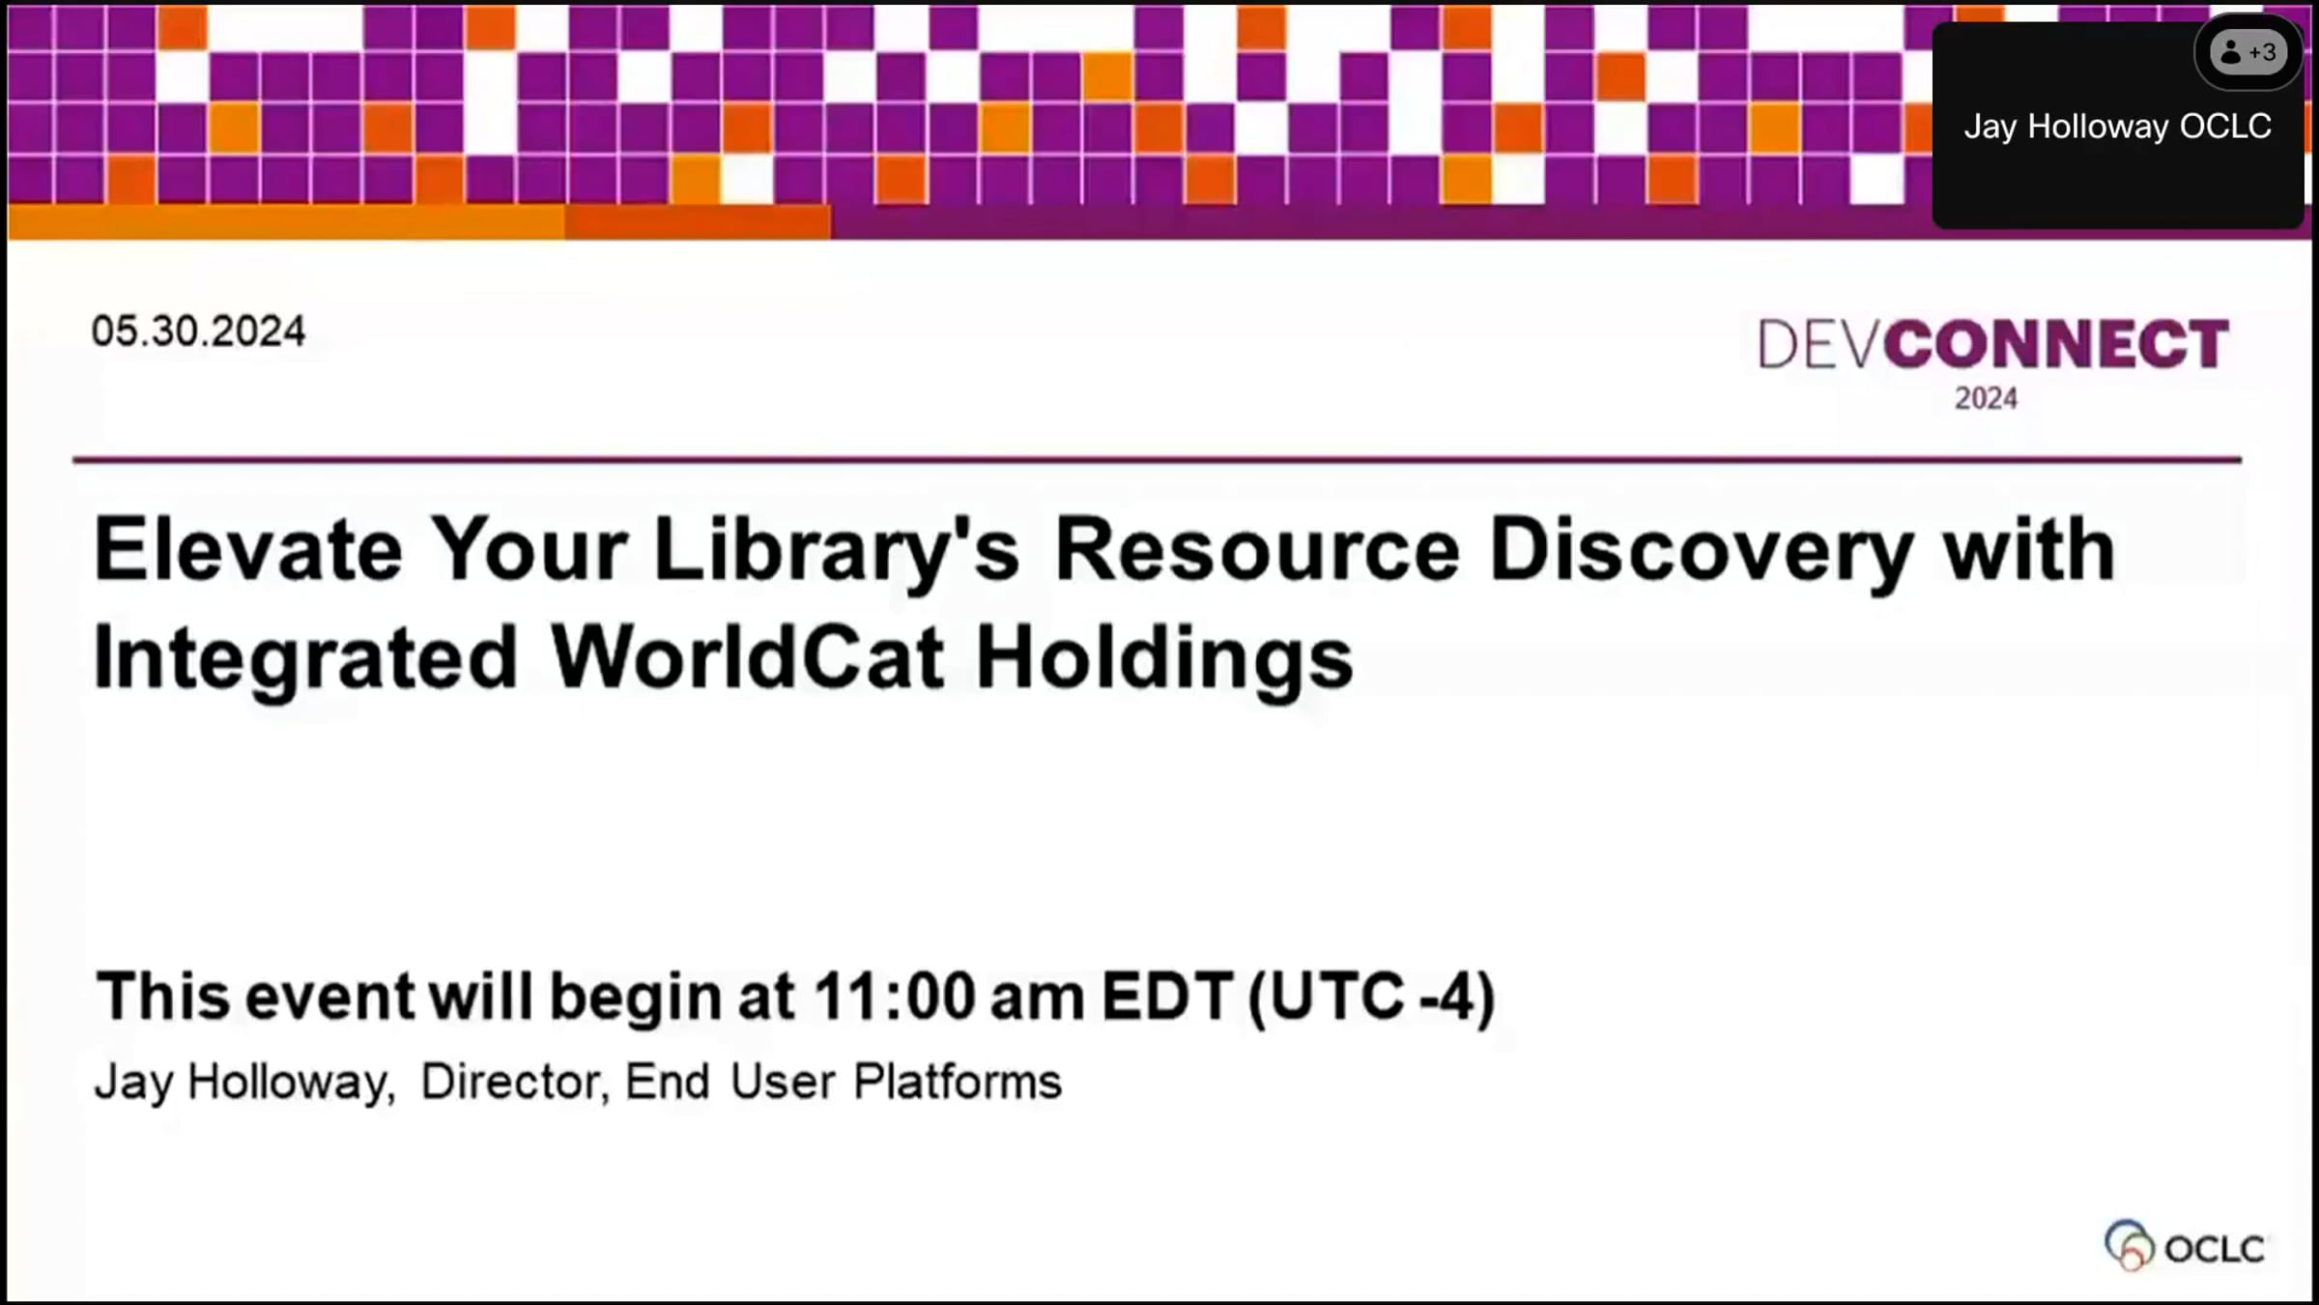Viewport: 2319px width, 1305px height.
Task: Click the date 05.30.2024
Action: [198, 332]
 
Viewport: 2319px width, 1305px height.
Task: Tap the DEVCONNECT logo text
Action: [1993, 344]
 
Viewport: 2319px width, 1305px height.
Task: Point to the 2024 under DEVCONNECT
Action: [1986, 398]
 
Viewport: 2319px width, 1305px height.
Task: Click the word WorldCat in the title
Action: [747, 657]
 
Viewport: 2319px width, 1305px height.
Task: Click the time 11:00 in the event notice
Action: [895, 997]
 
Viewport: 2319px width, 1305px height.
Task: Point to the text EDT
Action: [1167, 997]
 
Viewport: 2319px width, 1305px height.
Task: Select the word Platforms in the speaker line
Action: [958, 1082]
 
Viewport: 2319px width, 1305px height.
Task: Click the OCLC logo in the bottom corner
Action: [2185, 1246]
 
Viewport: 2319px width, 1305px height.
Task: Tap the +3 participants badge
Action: [2248, 52]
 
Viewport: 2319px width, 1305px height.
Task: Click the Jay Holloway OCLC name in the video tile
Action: [2117, 127]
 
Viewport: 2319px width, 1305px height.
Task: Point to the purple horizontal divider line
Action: [1158, 459]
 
